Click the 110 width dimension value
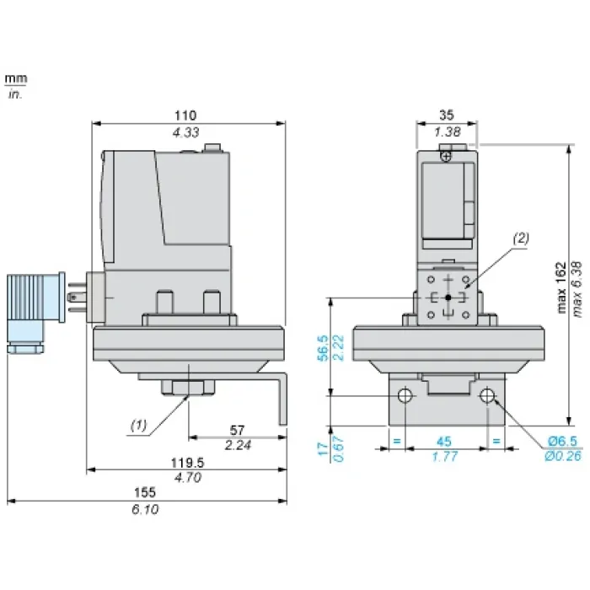[185, 115]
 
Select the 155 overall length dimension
[145, 492]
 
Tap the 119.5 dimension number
[187, 463]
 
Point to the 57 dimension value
[237, 430]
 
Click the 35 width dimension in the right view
[447, 115]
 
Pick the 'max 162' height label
[561, 287]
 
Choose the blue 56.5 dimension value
[323, 348]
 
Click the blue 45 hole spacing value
[444, 441]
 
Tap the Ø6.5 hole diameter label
[562, 441]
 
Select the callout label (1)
[138, 425]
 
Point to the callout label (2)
[521, 239]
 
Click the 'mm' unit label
[16, 78]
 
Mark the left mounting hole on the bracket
[405, 395]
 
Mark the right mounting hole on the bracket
[487, 395]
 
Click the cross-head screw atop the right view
[446, 156]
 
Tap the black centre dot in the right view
[448, 298]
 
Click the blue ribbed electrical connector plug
[35, 313]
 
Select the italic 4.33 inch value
[185, 132]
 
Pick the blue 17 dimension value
[323, 449]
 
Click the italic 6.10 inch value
[145, 509]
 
